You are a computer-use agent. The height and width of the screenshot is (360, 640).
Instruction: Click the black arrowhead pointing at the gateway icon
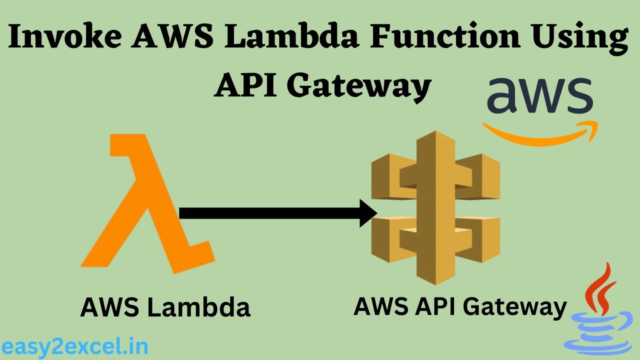(x=367, y=213)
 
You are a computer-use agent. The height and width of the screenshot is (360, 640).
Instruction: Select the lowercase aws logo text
(x=540, y=96)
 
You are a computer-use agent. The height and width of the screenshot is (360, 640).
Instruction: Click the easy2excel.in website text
(x=74, y=346)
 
